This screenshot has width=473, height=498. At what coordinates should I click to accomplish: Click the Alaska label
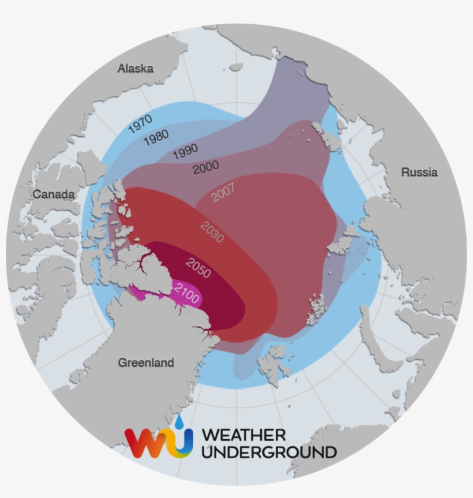point(136,69)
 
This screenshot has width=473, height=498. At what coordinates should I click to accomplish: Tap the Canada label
point(54,194)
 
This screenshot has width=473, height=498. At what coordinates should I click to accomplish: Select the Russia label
point(419,172)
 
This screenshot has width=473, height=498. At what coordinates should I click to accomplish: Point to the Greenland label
point(146,362)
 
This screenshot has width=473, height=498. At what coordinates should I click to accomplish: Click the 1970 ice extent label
point(140,123)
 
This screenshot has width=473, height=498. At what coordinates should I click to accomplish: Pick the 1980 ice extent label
point(156,137)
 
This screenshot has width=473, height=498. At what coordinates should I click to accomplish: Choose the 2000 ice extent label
point(206,167)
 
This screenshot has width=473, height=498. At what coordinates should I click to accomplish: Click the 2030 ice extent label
point(212,232)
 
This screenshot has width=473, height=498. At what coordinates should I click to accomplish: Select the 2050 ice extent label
point(198,267)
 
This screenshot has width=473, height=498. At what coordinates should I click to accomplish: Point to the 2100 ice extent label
point(187,294)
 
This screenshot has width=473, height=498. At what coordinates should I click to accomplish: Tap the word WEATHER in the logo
point(244,435)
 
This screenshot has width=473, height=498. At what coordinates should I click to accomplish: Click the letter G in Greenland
point(123,362)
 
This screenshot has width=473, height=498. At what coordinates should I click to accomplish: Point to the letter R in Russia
point(406,172)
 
